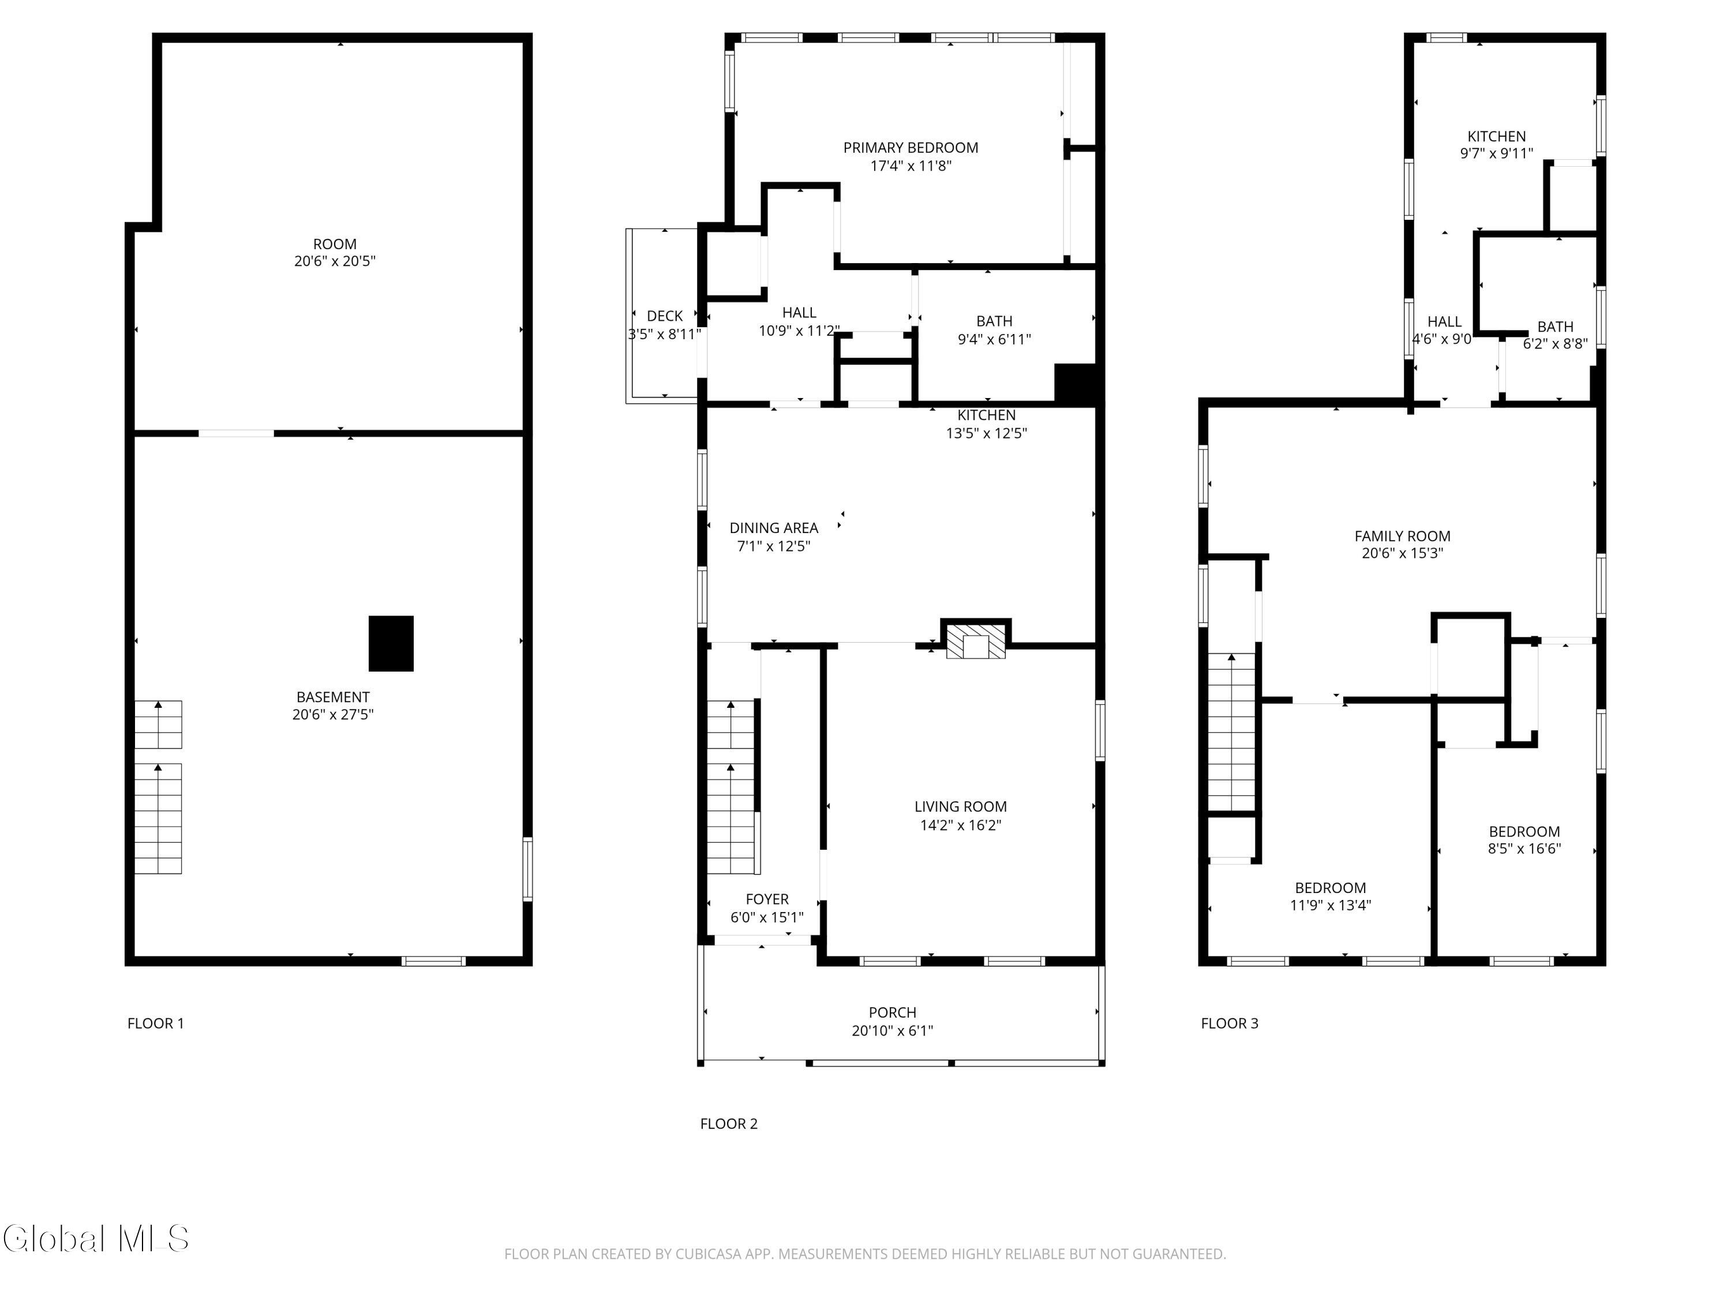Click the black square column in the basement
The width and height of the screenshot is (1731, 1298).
[391, 643]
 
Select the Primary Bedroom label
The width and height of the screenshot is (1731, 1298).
[910, 148]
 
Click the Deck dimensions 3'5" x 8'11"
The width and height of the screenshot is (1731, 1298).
[664, 334]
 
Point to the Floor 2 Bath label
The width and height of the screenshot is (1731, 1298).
[994, 321]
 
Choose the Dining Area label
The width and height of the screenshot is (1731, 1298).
[773, 528]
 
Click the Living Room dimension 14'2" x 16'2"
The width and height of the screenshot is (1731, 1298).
[960, 824]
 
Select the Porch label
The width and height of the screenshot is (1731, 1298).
[892, 1012]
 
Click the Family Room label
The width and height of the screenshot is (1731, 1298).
[1402, 536]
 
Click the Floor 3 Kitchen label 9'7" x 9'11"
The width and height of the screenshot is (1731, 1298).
[1496, 145]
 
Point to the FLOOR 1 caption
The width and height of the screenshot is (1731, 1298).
[156, 1023]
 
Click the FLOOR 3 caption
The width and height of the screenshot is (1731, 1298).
[1230, 1023]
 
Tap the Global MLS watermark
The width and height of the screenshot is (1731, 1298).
[95, 1239]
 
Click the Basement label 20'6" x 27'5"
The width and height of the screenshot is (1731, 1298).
[332, 706]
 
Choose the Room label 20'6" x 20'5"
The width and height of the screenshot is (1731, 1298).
[334, 253]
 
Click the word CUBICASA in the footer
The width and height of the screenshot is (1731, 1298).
[703, 1254]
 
